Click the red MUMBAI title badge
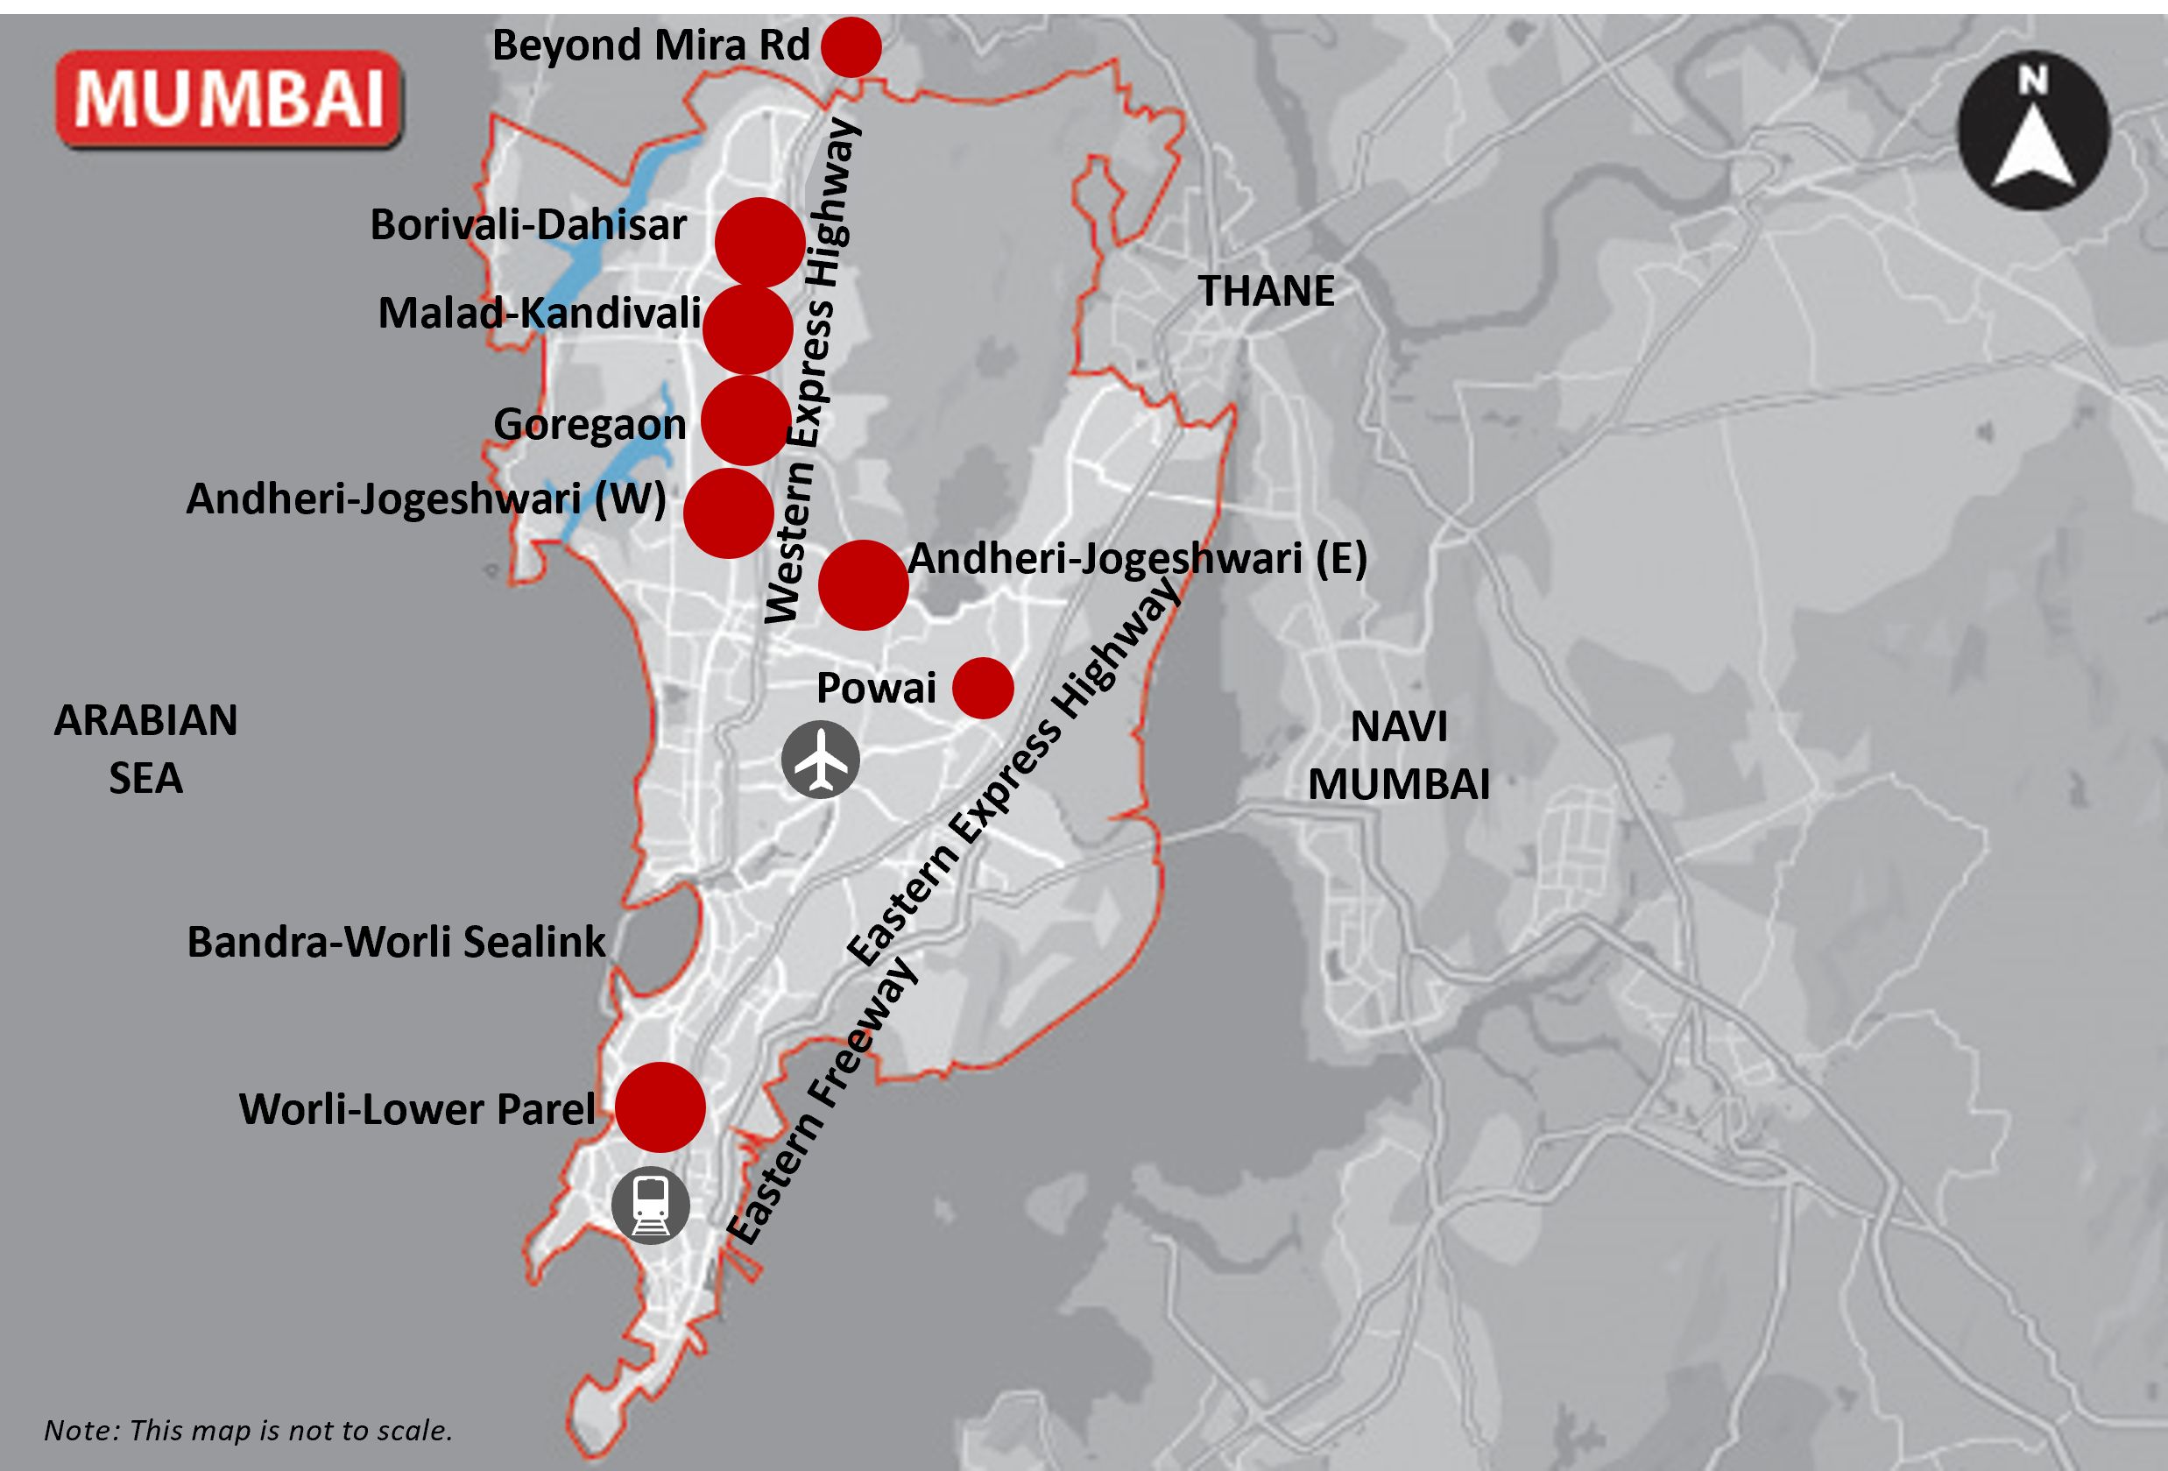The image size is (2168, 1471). pos(229,99)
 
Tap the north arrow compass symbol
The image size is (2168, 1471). pos(2033,131)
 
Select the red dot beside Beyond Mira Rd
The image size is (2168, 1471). pos(851,46)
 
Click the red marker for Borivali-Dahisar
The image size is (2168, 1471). pos(760,243)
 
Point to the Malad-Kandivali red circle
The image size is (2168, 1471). pos(747,330)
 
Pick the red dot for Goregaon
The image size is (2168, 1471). pos(745,421)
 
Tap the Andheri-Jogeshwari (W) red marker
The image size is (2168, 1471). pos(729,513)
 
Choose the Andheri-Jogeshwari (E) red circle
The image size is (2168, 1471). pos(863,585)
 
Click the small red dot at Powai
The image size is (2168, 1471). pos(982,689)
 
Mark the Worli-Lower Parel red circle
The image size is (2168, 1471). pos(660,1107)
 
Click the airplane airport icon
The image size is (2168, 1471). pos(820,760)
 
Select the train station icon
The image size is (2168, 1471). pos(651,1206)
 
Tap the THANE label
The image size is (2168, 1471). pos(1266,291)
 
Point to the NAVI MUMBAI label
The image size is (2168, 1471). pos(1398,755)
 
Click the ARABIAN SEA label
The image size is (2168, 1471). pos(145,749)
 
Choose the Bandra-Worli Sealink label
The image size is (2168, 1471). pos(397,942)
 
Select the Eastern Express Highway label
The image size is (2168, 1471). pos(1012,774)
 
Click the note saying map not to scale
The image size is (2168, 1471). pos(248,1430)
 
